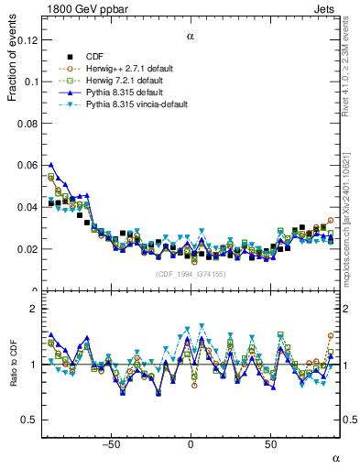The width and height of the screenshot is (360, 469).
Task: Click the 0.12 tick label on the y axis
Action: tap(27, 39)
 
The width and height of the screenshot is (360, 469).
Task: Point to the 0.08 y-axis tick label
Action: tap(27, 123)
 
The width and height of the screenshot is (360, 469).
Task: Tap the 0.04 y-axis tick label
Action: tap(27, 207)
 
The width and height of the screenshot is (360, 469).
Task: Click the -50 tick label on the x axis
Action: tap(111, 444)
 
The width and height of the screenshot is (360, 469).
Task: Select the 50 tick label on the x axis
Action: tap(270, 444)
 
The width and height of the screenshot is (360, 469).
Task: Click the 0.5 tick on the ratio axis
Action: tap(29, 420)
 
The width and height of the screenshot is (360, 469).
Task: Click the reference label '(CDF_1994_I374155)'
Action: tap(191, 274)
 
